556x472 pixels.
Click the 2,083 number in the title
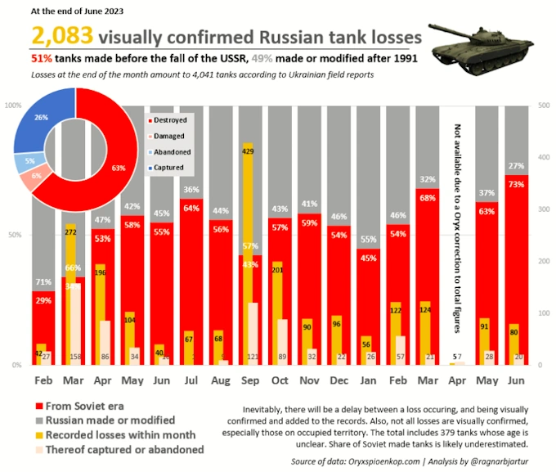[61, 36]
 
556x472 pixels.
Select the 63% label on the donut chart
[119, 169]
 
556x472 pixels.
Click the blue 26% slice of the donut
[42, 118]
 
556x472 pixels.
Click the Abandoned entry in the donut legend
[172, 152]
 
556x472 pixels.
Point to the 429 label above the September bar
[248, 151]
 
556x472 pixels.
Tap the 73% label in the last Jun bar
[516, 184]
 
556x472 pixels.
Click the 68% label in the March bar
[426, 197]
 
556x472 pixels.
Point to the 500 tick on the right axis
[545, 106]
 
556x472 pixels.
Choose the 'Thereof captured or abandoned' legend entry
[118, 449]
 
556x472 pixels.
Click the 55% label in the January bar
[368, 240]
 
